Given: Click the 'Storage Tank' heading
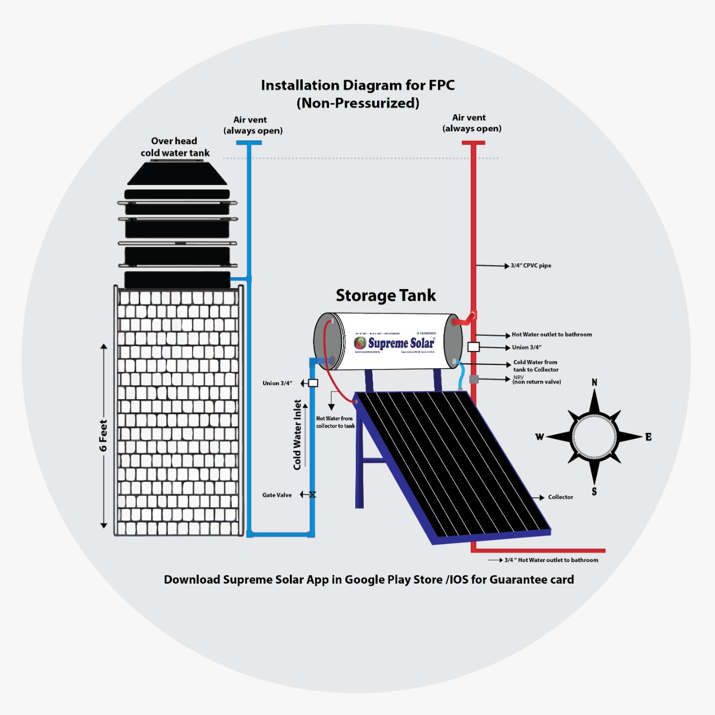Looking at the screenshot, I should pos(385,295).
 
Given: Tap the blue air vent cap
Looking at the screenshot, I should pos(249,143).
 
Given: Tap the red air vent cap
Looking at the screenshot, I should pos(473,143).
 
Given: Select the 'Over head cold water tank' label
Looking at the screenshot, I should pos(175,147).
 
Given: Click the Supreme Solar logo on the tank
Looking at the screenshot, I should pos(394,343).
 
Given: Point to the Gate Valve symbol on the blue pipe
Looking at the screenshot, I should pos(312,495).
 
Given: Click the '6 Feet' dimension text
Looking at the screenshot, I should pos(103,435).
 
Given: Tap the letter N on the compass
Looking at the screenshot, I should pos(594,382).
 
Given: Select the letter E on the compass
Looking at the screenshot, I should pos(648,437).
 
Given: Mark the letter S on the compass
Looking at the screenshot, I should pos(594,492).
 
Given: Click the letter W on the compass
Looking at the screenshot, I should pos(540,437).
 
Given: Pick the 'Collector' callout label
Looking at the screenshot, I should pos(560,497).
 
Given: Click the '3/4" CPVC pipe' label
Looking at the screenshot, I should pos(531,266).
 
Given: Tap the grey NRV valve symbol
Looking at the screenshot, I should pos(474,380).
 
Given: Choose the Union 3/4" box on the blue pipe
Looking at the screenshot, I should pos(313,383).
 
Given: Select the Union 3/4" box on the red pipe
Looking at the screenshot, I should pos(473,347).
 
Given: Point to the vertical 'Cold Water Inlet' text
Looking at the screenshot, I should pos(297,434).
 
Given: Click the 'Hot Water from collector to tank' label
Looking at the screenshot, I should pos(335,422).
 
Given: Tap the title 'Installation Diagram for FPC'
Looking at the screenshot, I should pos(357,85).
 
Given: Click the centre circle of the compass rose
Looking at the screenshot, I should pos(594,437).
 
